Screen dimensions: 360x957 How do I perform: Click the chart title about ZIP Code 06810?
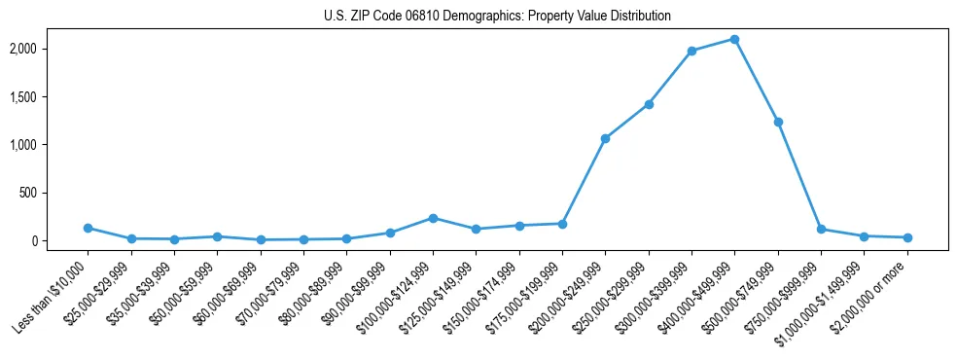(x=497, y=17)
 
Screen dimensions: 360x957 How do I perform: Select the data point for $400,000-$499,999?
(x=734, y=40)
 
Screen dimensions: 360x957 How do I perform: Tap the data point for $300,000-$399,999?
(x=691, y=51)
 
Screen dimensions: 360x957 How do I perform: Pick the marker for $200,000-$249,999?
(x=605, y=139)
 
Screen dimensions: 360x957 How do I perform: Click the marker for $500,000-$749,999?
(x=778, y=122)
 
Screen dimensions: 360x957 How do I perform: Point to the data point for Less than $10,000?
(x=88, y=228)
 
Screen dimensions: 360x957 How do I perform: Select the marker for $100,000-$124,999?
(x=433, y=218)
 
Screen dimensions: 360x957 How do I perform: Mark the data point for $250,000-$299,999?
(x=649, y=104)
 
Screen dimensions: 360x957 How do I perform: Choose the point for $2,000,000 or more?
(x=907, y=237)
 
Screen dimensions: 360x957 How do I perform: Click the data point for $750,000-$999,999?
(x=821, y=230)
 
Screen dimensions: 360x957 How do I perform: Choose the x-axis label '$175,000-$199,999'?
(x=527, y=298)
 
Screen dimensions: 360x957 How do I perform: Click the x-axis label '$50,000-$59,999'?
(x=184, y=296)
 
